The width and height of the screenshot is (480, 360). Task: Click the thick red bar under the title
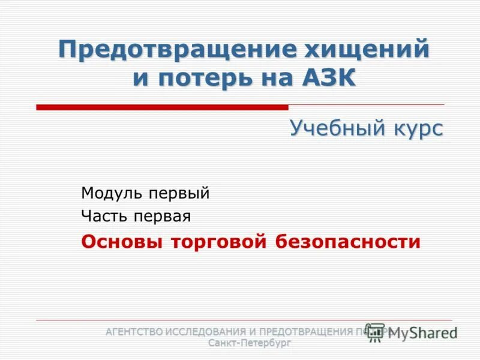[162, 107]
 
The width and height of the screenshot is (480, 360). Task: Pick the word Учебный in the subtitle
[331, 128]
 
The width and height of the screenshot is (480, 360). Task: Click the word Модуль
[112, 193]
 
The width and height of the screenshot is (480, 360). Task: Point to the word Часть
[103, 217]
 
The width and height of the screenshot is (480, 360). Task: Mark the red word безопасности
[349, 242]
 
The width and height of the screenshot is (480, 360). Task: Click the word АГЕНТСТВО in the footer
[135, 331]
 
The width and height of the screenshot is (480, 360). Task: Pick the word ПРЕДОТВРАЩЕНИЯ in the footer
[304, 331]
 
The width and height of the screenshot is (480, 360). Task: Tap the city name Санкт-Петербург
[249, 343]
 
